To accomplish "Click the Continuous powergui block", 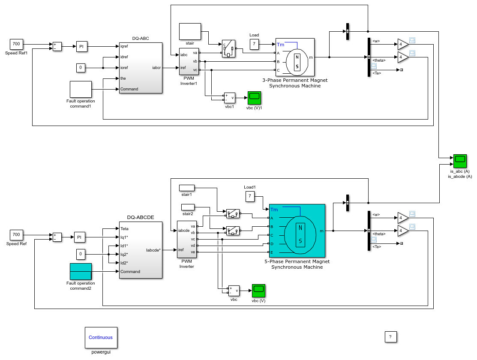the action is (101, 337).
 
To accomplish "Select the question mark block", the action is (390, 337).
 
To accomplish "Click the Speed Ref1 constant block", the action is (16, 44).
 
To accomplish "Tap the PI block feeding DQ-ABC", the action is (81, 47).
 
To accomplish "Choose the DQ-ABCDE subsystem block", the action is (141, 250).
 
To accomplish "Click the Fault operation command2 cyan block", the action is (81, 271).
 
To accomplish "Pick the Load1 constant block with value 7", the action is (250, 196).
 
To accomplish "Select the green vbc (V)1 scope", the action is (254, 98).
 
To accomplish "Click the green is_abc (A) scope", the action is (460, 161).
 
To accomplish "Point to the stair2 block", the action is (188, 207).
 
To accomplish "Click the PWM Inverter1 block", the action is (189, 61).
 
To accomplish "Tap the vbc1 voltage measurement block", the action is (230, 98).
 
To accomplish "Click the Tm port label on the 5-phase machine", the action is (274, 210).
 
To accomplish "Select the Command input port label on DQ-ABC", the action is (129, 89).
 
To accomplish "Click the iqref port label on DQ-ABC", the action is (124, 46).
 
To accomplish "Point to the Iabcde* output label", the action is (153, 250).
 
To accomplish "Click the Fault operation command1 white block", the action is (81, 90).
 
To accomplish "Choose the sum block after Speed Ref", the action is (57, 237).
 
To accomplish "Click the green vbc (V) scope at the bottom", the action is (258, 291).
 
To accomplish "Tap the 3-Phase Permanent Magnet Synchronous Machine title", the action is (295, 83).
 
